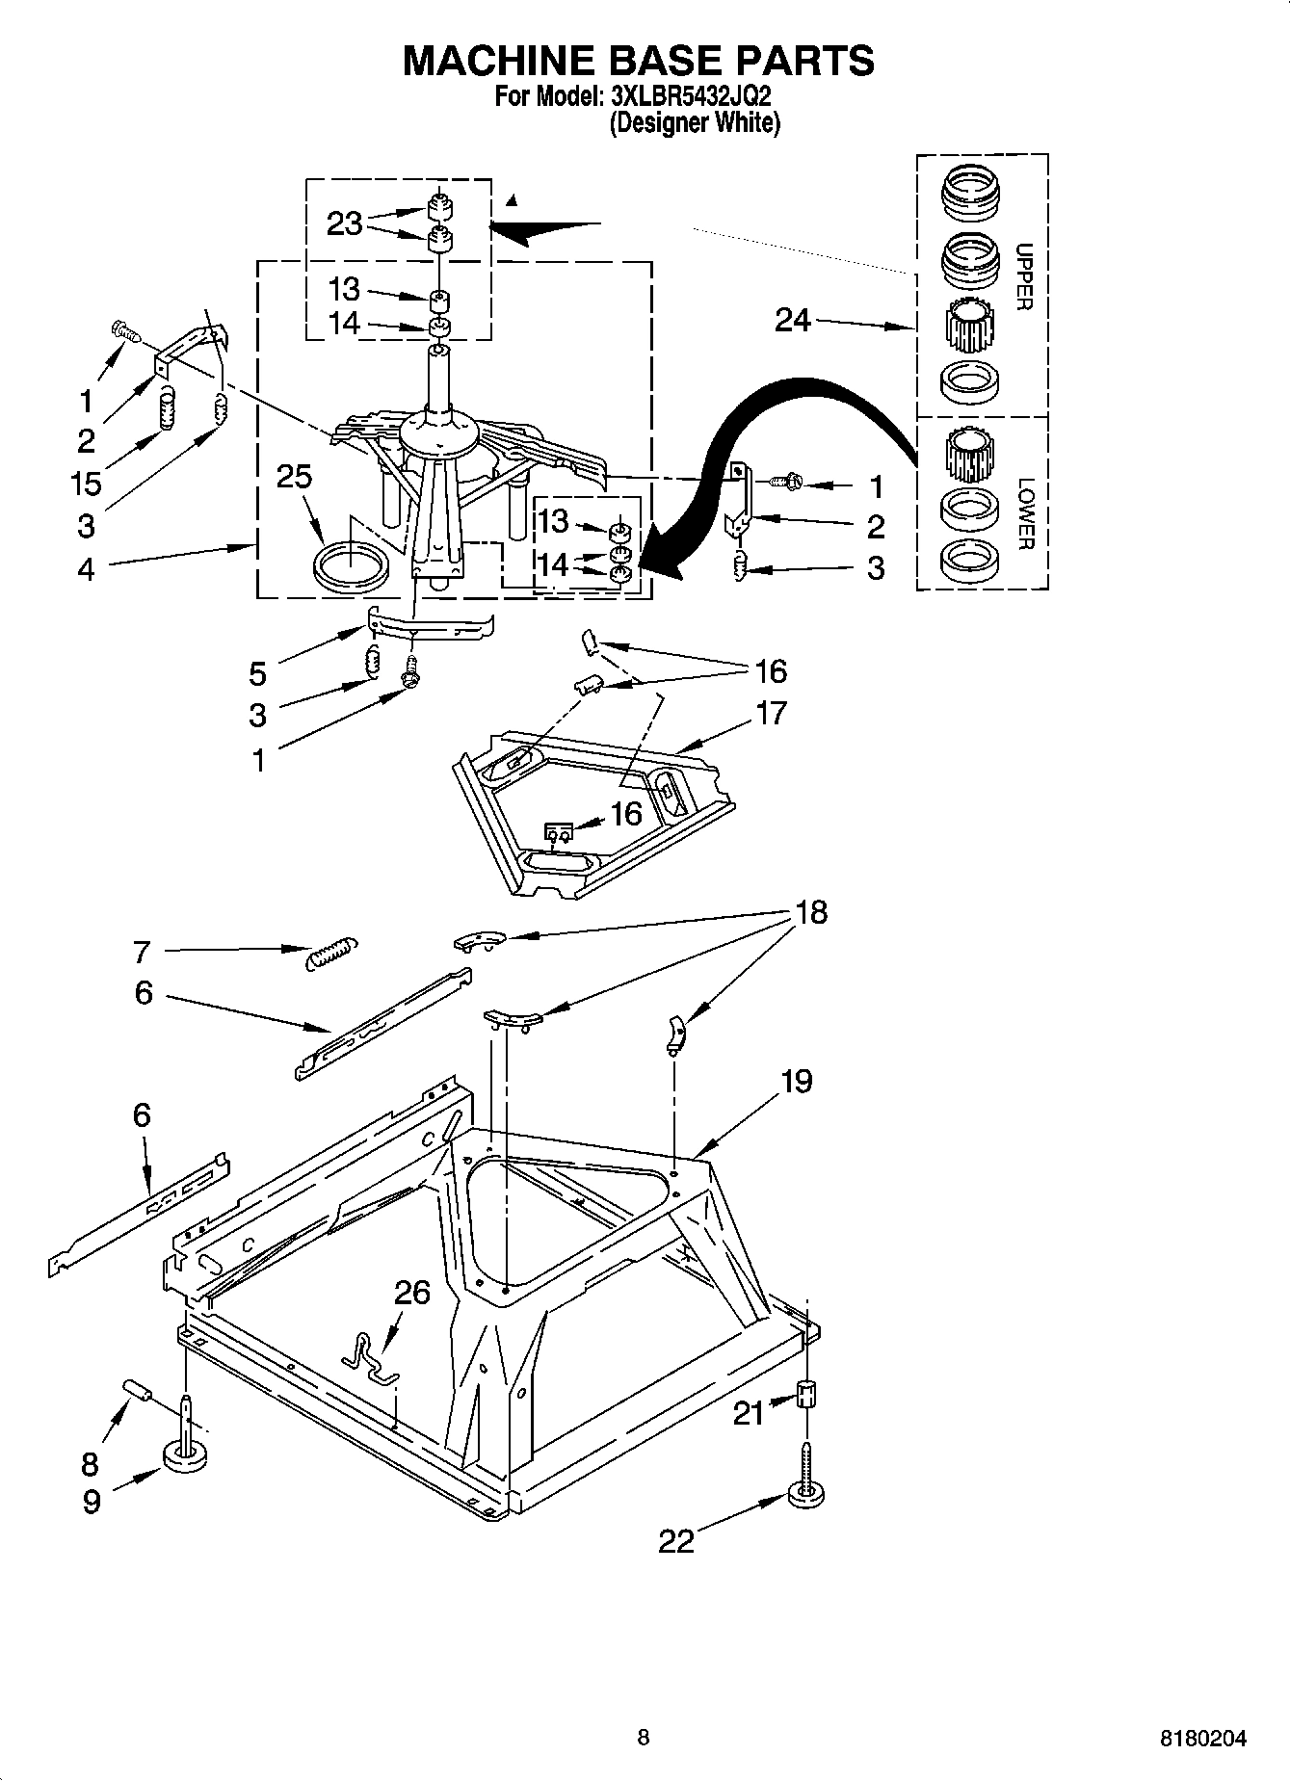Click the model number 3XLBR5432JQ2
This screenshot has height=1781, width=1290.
(690, 96)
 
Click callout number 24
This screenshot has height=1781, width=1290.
(793, 320)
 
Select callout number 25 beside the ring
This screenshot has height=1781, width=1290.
(294, 476)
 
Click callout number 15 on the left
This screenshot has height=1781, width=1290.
(86, 483)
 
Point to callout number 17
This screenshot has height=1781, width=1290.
(771, 713)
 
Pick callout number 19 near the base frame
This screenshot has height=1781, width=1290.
(796, 1081)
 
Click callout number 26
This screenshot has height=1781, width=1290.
(411, 1293)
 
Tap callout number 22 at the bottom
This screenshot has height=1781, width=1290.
(675, 1541)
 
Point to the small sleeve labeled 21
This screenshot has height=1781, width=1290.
(807, 1394)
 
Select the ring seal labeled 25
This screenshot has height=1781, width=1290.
(351, 564)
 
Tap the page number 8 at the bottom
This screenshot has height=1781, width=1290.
(643, 1738)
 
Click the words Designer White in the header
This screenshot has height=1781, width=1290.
(693, 122)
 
